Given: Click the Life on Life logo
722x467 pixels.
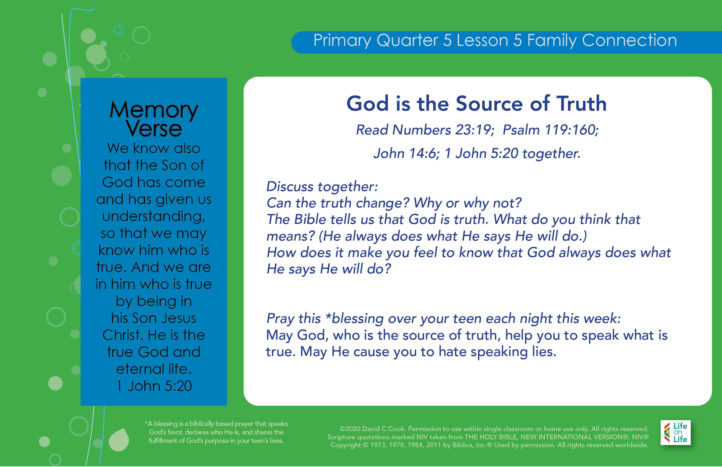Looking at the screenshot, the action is (676, 432).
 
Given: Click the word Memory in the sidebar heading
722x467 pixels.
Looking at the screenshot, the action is (154, 110).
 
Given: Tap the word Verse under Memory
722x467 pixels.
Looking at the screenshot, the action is (154, 128).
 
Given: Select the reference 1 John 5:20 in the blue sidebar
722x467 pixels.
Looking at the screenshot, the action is (154, 386).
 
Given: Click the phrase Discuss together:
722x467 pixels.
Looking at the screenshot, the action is (322, 186).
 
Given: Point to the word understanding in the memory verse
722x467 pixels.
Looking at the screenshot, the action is (154, 217).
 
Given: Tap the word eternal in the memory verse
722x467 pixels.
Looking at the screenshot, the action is (140, 369).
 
